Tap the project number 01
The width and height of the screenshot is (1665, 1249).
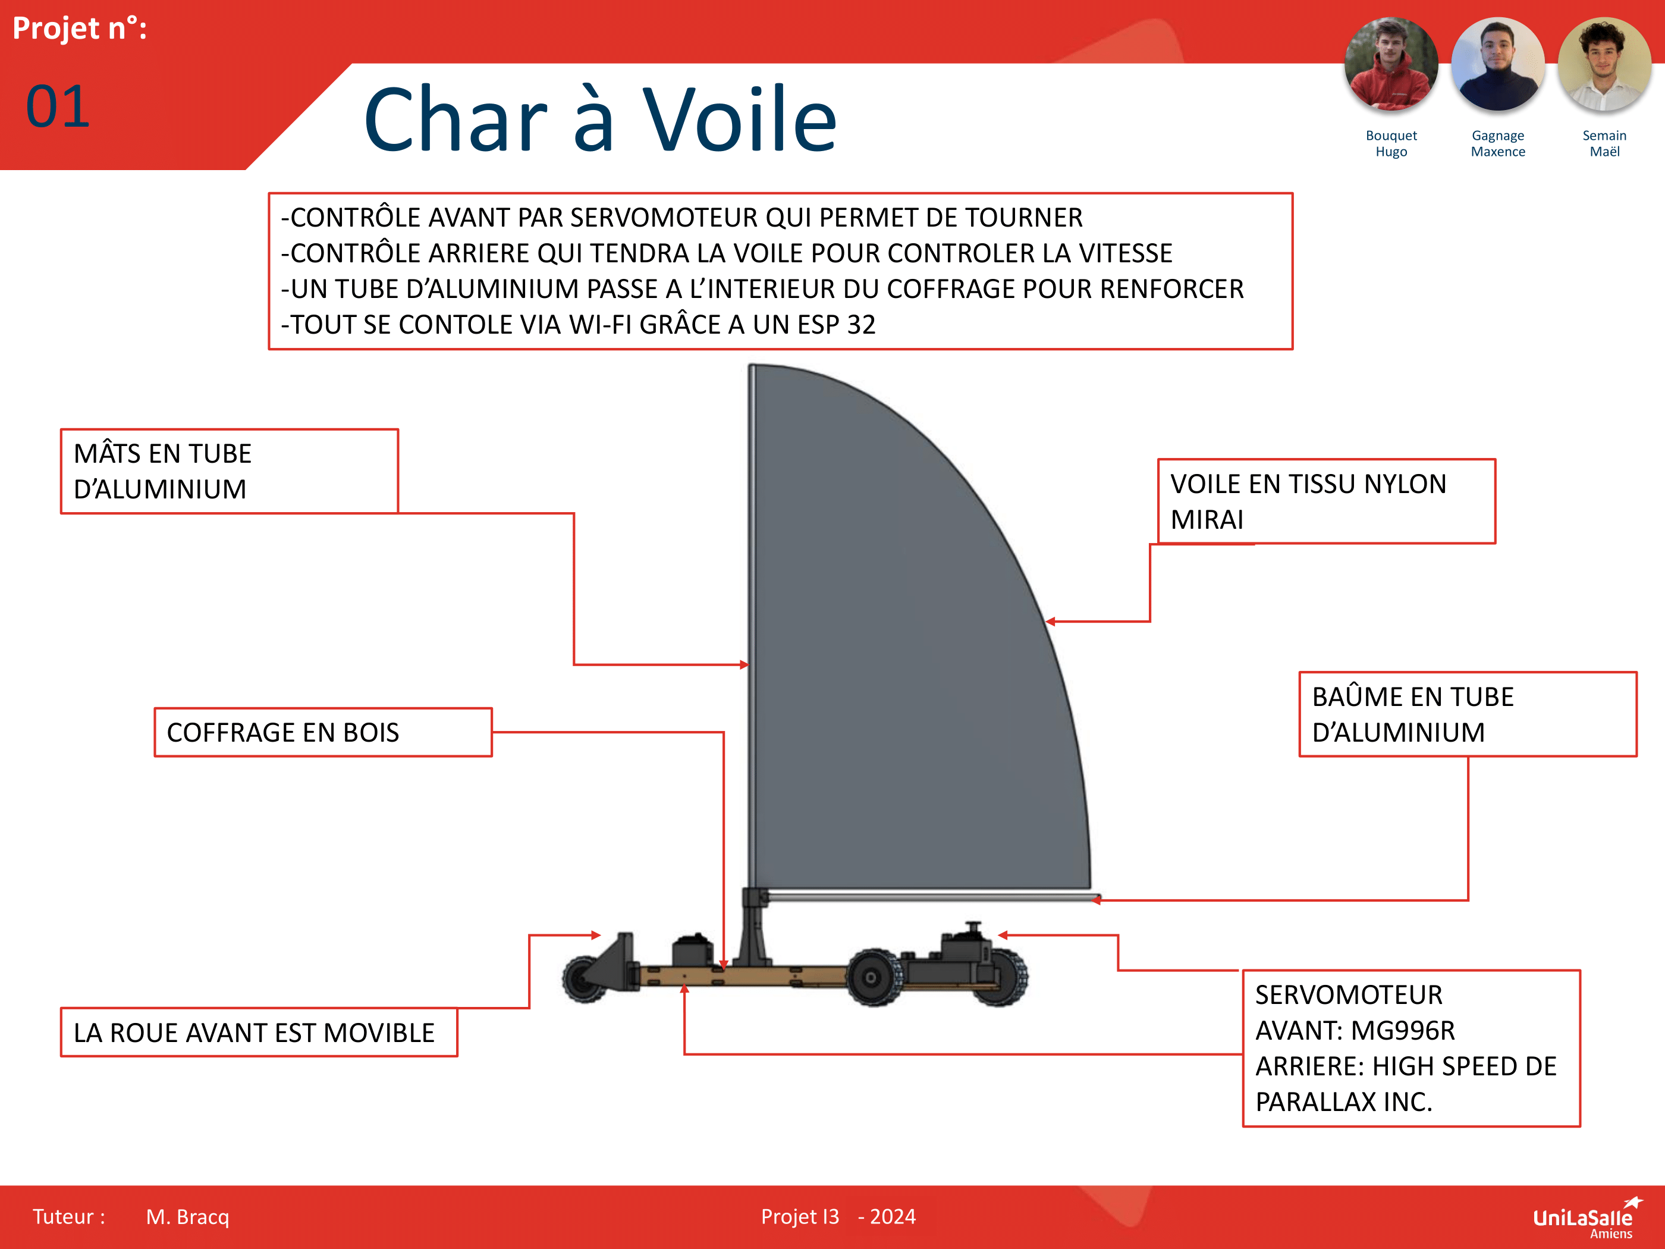pos(58,107)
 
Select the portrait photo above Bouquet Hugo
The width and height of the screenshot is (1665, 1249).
pos(1390,65)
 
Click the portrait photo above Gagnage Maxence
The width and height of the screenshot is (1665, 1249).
pos(1497,65)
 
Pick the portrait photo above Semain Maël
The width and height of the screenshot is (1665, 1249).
pos(1604,65)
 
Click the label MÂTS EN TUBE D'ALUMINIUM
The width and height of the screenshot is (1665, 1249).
pos(229,471)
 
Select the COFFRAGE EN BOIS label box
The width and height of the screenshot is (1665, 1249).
pos(323,732)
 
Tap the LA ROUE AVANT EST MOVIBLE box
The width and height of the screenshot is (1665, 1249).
pos(258,1032)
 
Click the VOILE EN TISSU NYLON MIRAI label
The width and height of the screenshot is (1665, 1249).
pos(1325,501)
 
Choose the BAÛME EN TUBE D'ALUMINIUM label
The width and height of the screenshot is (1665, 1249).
pos(1467,714)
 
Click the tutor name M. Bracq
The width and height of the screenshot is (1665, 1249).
pos(187,1217)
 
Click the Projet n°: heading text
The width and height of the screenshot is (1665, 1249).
pos(80,29)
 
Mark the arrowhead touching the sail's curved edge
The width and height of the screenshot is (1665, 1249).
pos(1050,622)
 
